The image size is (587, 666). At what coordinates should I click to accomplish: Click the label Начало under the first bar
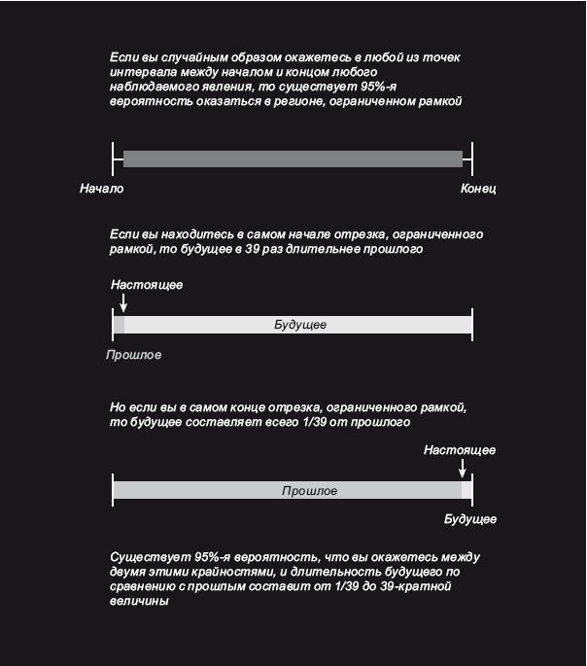click(x=102, y=189)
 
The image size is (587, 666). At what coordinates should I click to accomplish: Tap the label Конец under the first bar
click(x=478, y=189)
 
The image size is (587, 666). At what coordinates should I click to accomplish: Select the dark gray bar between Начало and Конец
click(x=293, y=158)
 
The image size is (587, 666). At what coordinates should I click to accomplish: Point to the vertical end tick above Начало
click(x=114, y=158)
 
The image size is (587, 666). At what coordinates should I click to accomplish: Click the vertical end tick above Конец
click(x=472, y=158)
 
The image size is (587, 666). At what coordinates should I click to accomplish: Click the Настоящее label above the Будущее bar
click(x=147, y=285)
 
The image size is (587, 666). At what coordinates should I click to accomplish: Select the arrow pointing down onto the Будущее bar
click(x=123, y=303)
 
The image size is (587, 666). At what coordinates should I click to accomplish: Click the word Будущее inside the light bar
click(x=300, y=325)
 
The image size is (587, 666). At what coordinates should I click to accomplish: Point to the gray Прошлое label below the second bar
click(x=133, y=355)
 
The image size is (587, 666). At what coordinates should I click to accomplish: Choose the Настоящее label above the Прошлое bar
click(x=460, y=450)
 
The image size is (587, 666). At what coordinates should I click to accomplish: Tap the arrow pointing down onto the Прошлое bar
click(x=462, y=468)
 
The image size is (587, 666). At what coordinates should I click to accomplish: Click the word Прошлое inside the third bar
click(x=309, y=491)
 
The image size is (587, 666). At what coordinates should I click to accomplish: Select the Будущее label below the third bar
click(x=470, y=519)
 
